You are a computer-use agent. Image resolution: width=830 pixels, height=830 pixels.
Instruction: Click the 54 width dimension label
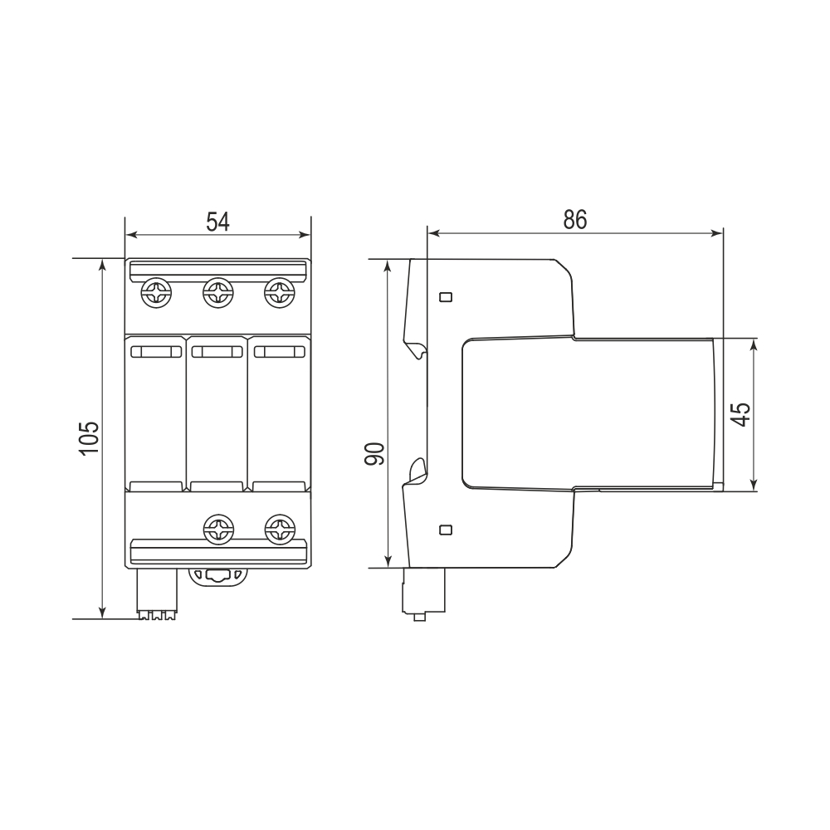[x=217, y=222]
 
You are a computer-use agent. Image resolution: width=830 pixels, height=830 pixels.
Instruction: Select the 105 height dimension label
[x=89, y=437]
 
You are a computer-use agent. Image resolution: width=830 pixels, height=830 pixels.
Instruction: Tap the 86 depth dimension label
[x=575, y=220]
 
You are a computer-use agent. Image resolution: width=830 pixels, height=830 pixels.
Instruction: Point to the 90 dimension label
[x=374, y=454]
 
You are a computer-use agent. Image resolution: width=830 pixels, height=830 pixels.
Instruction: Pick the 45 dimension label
[x=740, y=414]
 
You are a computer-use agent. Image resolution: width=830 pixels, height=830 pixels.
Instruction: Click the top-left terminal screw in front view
[x=157, y=292]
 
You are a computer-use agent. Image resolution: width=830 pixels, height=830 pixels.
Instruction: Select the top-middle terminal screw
[x=218, y=292]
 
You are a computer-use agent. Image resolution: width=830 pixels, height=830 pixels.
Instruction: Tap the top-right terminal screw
[x=280, y=292]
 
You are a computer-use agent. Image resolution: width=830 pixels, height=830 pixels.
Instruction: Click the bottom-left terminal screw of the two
[x=219, y=529]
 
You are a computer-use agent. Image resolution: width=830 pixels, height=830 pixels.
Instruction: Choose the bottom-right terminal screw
[x=280, y=529]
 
